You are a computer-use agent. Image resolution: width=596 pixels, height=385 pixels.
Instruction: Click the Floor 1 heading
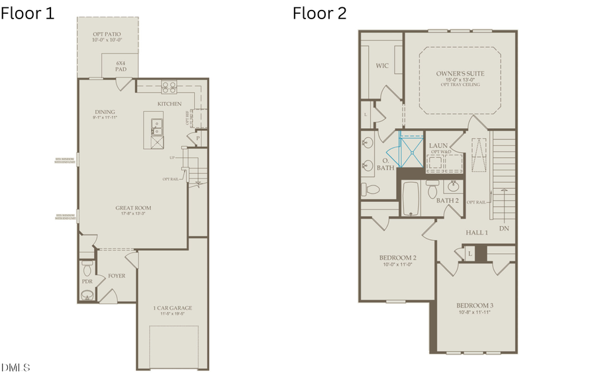pyautogui.click(x=28, y=13)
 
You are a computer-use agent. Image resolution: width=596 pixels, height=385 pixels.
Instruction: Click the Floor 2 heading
pyautogui.click(x=320, y=13)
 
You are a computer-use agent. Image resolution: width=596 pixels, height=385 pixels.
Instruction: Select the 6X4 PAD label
pyautogui.click(x=121, y=66)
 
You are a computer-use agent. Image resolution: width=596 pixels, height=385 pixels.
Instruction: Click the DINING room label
pyautogui.click(x=105, y=112)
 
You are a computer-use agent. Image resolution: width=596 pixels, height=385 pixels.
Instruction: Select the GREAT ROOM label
pyautogui.click(x=133, y=208)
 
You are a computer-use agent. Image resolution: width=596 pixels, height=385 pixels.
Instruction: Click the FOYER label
pyautogui.click(x=117, y=276)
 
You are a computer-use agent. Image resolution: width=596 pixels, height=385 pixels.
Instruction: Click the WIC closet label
pyautogui.click(x=382, y=66)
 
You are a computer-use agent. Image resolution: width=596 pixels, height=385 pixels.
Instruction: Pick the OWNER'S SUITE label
pyautogui.click(x=460, y=74)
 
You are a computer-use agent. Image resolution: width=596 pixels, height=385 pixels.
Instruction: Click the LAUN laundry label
pyautogui.click(x=438, y=145)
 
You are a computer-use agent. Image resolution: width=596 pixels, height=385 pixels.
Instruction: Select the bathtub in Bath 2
pyautogui.click(x=412, y=199)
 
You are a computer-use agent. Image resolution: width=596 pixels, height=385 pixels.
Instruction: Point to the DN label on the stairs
pyautogui.click(x=504, y=229)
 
